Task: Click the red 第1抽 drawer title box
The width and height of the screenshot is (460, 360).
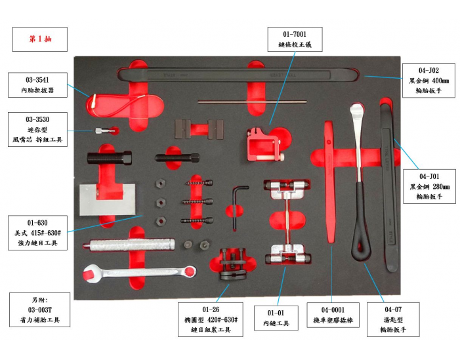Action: click(40, 39)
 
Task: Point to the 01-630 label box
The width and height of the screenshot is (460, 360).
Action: click(37, 233)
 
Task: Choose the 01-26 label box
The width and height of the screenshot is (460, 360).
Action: click(210, 319)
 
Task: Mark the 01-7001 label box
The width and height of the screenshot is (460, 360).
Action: click(295, 39)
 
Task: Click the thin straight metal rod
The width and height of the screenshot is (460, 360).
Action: click(253, 102)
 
